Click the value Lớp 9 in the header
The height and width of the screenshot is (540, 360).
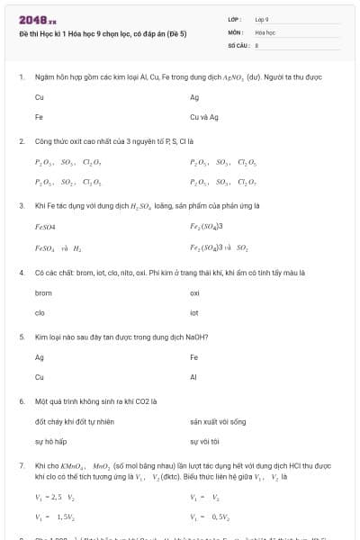262,18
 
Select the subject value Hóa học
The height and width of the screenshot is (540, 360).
265,31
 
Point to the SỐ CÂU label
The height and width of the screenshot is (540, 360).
238,43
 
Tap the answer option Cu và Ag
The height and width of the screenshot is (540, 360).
204,117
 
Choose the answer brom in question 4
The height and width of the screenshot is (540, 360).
43,292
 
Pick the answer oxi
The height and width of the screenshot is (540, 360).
195,292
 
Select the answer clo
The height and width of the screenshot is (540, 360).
40,312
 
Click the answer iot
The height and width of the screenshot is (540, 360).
194,312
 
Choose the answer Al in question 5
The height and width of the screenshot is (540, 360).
193,377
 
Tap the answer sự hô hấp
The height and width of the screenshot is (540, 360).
51,441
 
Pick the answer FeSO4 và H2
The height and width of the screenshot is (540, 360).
58,247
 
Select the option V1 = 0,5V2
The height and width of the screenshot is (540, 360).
211,517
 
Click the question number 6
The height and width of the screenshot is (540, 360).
22,400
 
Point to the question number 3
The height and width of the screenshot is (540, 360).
22,206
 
